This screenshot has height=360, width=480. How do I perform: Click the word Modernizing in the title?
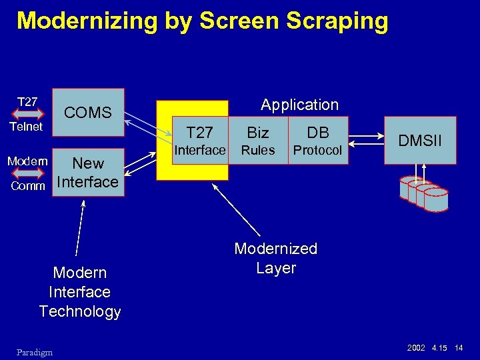pos(87,21)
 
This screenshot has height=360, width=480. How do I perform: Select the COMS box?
pos(88,113)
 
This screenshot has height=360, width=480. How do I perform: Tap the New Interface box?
pos(88,172)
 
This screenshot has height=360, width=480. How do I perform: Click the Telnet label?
pos(26,126)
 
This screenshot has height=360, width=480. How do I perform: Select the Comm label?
pos(28,186)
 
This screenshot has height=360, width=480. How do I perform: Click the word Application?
pos(299,105)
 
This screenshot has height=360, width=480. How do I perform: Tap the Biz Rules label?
pos(258,141)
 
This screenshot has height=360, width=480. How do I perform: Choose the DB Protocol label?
pos(317,141)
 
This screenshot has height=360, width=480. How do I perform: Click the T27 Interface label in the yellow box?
pos(199,141)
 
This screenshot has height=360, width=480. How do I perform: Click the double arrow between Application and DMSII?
pos(366,141)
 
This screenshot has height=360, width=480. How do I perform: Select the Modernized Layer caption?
pos(275,258)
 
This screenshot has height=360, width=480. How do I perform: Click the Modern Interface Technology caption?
pos(80,292)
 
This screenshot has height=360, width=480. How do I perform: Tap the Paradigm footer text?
pos(35,351)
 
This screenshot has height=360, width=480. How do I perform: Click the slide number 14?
pos(458,349)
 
